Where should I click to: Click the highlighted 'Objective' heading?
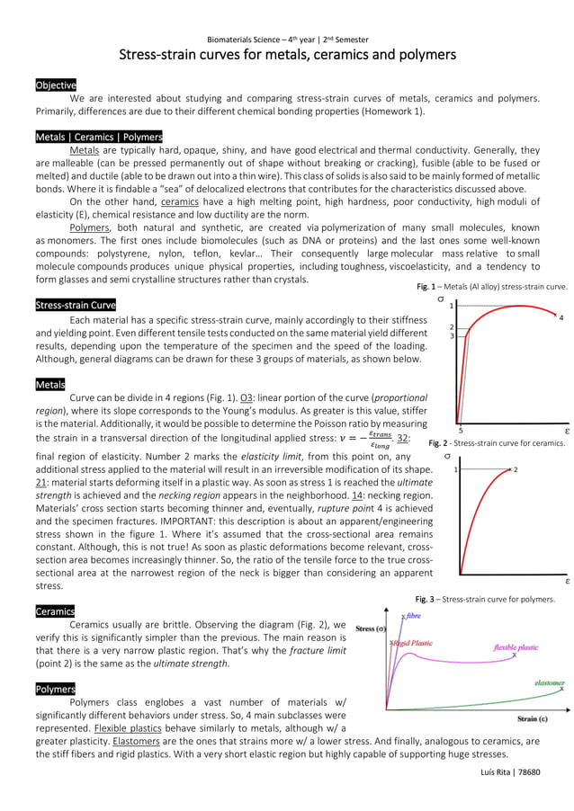56,85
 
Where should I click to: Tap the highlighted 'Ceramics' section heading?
55,610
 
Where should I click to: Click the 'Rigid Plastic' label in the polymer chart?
412,643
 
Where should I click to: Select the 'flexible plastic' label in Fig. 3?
516,647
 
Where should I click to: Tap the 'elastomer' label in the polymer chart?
549,682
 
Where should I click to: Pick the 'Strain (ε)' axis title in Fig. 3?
534,718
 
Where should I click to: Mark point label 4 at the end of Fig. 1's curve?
561,317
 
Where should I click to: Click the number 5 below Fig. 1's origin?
460,431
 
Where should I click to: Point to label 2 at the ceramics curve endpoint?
516,469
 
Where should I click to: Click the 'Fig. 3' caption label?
426,599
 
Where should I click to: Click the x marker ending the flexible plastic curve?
514,656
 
